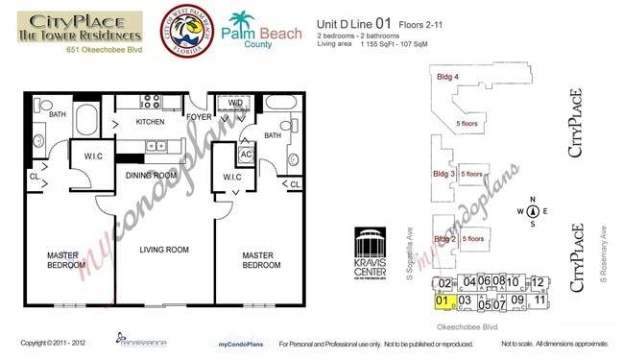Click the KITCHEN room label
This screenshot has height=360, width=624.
(x=152, y=123)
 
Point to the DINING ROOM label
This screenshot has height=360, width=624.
(x=152, y=175)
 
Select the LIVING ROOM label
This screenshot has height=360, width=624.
(x=164, y=251)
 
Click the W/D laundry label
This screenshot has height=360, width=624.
(x=236, y=103)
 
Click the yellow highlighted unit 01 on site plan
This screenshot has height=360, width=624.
(x=443, y=300)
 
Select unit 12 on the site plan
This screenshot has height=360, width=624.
(x=540, y=282)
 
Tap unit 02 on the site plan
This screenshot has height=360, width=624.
(x=444, y=283)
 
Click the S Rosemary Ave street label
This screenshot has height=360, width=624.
(x=604, y=254)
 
